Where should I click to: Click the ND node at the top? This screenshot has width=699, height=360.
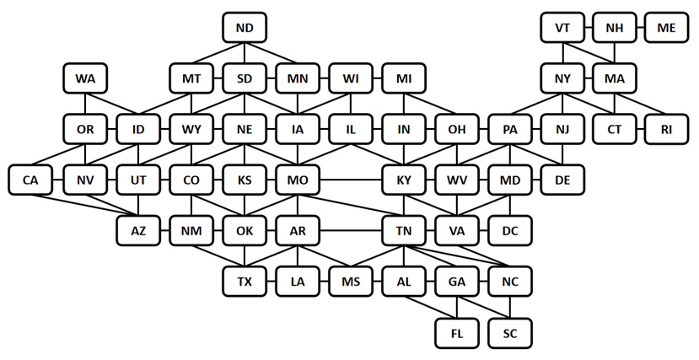click(x=245, y=28)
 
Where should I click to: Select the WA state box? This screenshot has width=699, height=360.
click(x=85, y=78)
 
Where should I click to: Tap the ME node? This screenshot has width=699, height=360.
click(x=666, y=28)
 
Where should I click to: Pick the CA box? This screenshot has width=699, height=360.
click(x=30, y=180)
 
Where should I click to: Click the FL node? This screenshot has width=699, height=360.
click(x=457, y=333)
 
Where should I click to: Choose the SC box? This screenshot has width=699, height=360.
click(x=510, y=333)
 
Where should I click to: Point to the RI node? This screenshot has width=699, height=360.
click(x=666, y=129)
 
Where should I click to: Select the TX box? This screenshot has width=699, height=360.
click(x=245, y=282)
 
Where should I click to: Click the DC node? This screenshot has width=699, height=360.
click(x=510, y=231)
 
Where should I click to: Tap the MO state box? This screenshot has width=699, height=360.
click(x=298, y=180)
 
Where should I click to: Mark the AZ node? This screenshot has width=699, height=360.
click(x=138, y=231)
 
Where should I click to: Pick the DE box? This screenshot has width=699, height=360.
click(x=562, y=180)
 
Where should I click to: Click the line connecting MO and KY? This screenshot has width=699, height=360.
click(x=351, y=180)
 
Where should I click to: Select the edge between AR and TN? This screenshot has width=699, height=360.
click(x=351, y=231)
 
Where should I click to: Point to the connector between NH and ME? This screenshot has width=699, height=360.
click(x=640, y=28)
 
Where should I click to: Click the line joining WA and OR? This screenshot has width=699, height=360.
click(x=85, y=104)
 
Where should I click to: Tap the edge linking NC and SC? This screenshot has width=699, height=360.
click(x=510, y=308)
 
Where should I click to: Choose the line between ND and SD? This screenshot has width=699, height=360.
click(x=245, y=53)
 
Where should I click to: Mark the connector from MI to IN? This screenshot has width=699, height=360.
click(x=404, y=104)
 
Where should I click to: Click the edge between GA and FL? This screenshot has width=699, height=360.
click(x=457, y=308)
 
